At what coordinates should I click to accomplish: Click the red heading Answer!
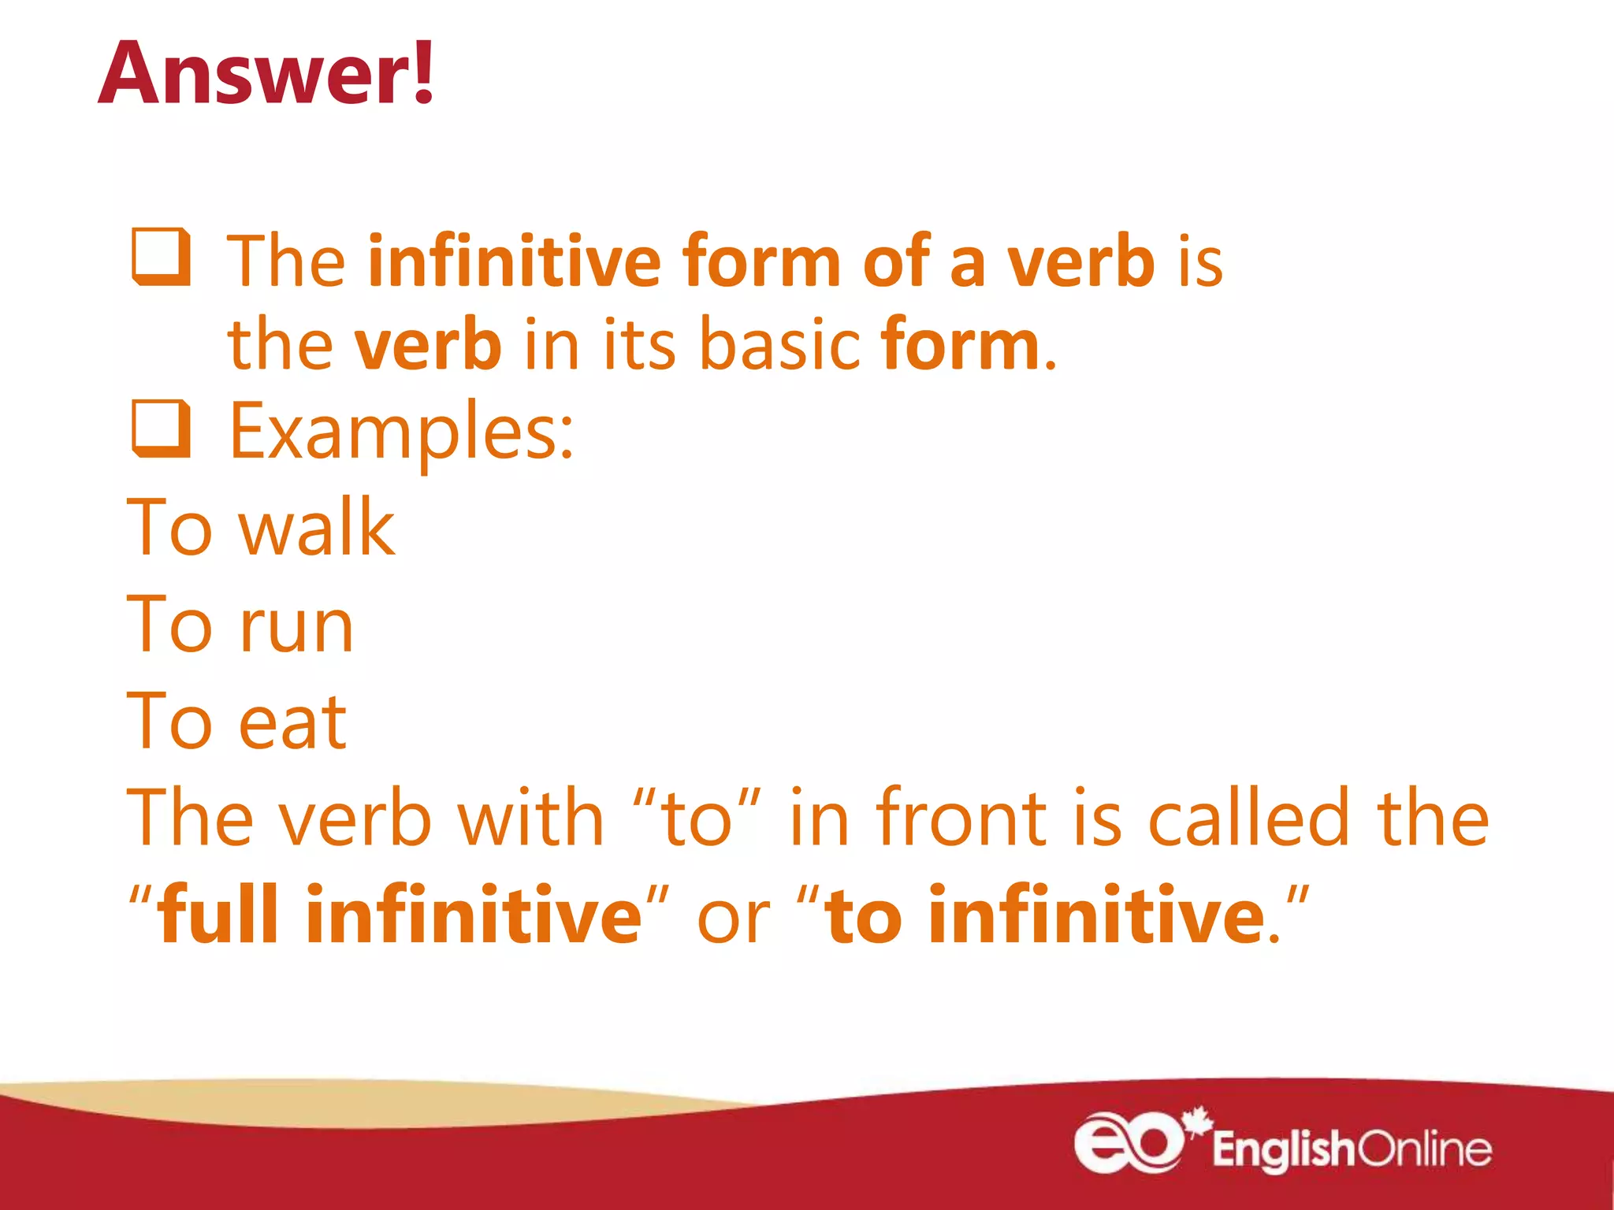click(266, 72)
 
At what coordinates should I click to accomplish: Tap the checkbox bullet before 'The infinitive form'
click(162, 257)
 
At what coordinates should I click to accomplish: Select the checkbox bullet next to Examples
click(162, 429)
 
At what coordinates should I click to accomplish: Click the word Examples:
click(401, 432)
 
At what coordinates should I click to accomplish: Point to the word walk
click(317, 527)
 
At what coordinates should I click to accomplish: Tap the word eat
click(292, 722)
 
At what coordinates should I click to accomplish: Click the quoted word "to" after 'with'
click(697, 819)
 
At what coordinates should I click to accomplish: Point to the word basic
click(779, 345)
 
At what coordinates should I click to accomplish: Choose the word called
click(1248, 819)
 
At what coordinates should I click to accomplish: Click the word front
click(961, 819)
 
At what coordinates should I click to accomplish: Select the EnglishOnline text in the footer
click(1351, 1149)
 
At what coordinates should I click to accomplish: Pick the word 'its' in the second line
click(639, 345)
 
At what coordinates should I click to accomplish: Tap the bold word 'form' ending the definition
click(961, 345)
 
